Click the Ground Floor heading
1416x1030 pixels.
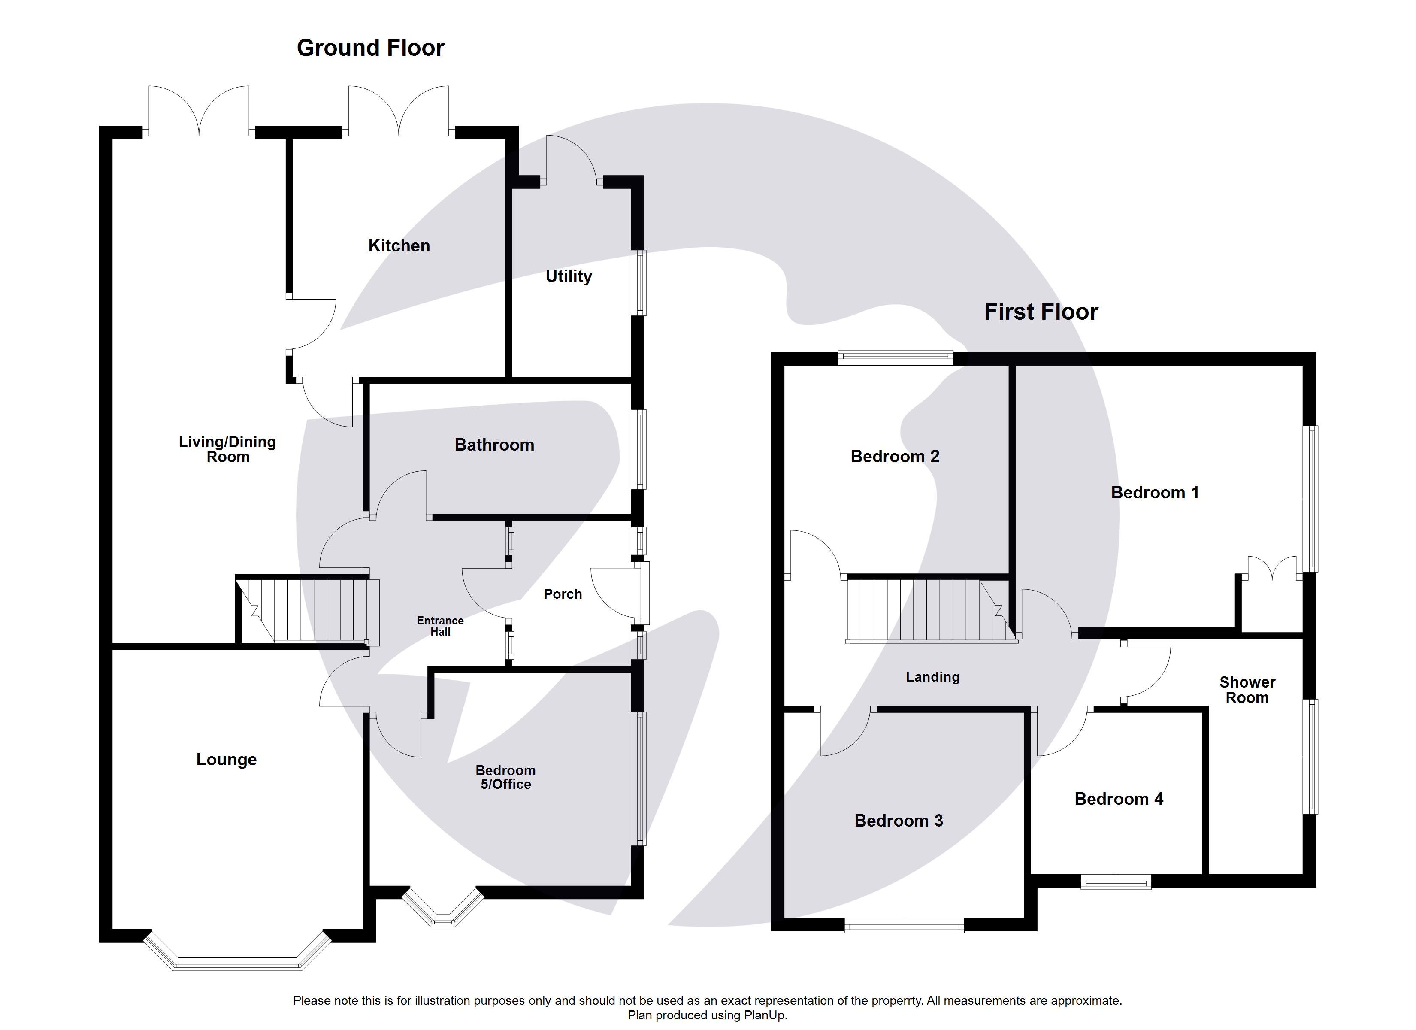pos(370,48)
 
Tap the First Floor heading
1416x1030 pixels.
pos(1041,312)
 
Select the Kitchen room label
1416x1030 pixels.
pos(399,245)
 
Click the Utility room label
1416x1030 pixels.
pos(568,276)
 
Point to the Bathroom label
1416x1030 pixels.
pos(494,445)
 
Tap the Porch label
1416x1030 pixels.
pos(563,594)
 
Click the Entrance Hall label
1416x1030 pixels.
pos(440,626)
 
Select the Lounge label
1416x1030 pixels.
pos(226,760)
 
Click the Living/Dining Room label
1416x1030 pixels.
pos(227,449)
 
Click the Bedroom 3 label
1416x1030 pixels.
pos(899,821)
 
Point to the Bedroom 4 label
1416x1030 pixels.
pos(1118,799)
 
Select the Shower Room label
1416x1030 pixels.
pos(1247,690)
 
